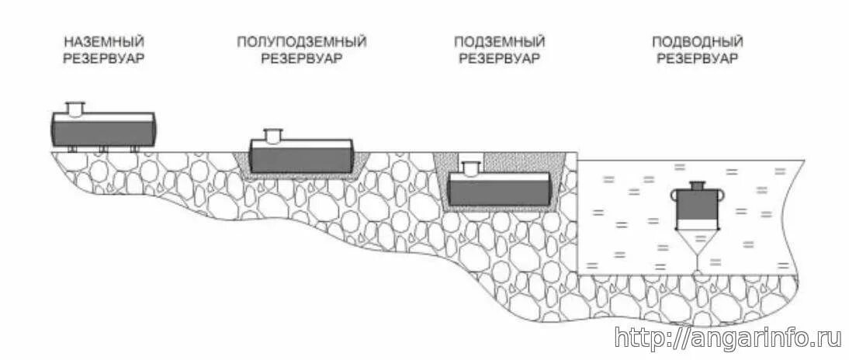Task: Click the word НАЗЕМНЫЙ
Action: [x=104, y=41]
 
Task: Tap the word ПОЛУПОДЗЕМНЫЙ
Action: [x=301, y=41]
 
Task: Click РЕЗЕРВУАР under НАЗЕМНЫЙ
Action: [x=104, y=58]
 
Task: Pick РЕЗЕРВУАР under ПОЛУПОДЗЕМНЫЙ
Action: [x=301, y=58]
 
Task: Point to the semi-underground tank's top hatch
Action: [x=273, y=136]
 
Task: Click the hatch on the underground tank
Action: [x=470, y=168]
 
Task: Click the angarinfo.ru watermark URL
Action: [x=728, y=337]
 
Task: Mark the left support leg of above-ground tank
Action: [x=71, y=148]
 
